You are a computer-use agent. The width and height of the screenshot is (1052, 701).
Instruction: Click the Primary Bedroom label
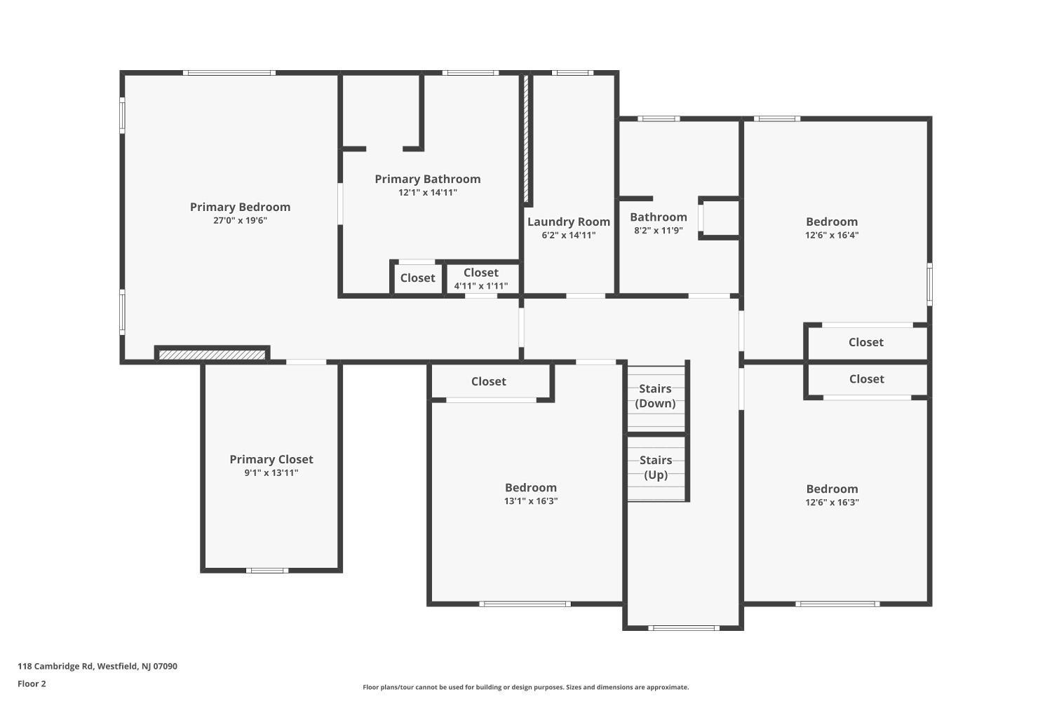pos(240,207)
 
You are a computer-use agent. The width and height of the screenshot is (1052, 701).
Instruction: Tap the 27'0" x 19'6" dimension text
pos(240,220)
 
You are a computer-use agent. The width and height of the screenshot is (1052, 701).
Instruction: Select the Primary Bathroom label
pos(427,179)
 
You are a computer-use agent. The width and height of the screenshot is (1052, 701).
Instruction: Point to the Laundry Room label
pos(568,222)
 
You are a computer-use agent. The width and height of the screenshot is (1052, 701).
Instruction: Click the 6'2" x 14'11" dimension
pos(568,235)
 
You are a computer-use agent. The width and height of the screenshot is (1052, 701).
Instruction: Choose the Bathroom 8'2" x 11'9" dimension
pos(659,230)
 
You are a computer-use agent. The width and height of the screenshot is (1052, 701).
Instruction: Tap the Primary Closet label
pos(271,459)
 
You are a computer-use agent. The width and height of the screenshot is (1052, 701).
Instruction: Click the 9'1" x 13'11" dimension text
pos(271,472)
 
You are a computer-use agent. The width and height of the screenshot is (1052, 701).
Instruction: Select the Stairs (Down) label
pos(655,396)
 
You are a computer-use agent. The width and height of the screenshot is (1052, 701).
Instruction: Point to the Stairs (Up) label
pos(656,467)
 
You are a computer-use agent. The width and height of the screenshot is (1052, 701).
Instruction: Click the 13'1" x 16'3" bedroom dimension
pos(531,501)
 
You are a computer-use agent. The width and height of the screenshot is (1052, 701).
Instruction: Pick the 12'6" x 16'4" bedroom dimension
pos(832,235)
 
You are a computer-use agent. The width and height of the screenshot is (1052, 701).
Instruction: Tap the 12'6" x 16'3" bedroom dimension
pos(832,502)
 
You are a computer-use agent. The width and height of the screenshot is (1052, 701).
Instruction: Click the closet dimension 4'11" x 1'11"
pos(481,285)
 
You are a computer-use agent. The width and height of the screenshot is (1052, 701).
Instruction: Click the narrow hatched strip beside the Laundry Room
pos(526,138)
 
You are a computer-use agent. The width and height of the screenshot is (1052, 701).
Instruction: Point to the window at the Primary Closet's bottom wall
pos(267,571)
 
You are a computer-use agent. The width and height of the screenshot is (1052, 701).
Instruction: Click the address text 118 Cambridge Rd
pos(55,666)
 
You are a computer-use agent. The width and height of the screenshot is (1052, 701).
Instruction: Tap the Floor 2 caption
pos(32,683)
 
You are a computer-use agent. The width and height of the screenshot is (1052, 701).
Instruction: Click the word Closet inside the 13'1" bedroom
pos(488,381)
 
